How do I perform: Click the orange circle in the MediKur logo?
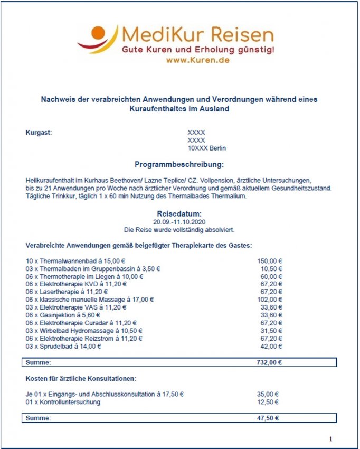98,33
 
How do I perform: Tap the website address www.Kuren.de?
197,60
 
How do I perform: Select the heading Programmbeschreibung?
179,164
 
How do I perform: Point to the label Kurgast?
39,132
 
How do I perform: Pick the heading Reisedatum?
179,213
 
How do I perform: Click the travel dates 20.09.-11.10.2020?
179,222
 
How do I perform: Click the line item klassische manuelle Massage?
89,299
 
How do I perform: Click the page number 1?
330,439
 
